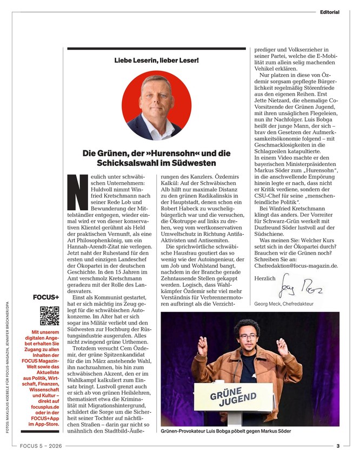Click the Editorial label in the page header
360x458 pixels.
[x=329, y=12]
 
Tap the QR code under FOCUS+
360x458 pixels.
[x=49, y=315]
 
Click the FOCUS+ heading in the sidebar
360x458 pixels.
[x=45, y=297]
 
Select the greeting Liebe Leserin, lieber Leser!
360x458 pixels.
[x=156, y=60]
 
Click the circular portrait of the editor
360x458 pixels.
[x=156, y=105]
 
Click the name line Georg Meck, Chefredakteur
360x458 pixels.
[x=284, y=304]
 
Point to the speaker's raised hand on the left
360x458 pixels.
[x=202, y=344]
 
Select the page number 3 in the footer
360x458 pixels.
[x=337, y=446]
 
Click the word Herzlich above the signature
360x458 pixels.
[x=265, y=277]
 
